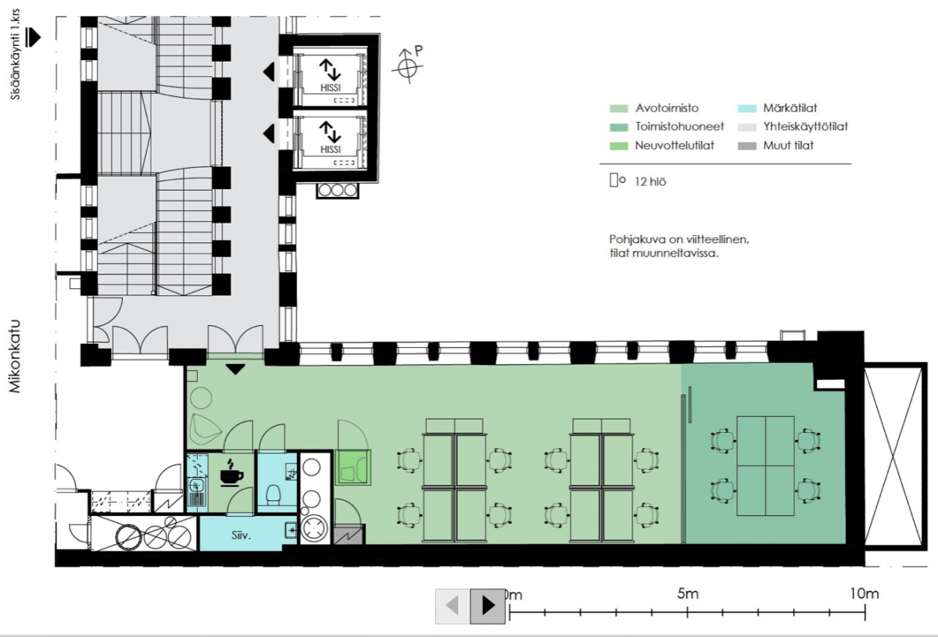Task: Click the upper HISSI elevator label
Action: (x=331, y=88)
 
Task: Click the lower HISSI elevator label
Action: (x=331, y=149)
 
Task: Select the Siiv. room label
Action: (x=242, y=535)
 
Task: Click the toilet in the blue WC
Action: (x=274, y=494)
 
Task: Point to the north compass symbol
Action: (x=408, y=66)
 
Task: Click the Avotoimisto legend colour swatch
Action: (x=619, y=109)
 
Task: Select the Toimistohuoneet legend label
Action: (x=679, y=127)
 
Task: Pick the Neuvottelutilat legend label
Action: (x=675, y=145)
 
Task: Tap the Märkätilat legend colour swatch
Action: (x=747, y=109)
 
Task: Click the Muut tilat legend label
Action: (x=789, y=145)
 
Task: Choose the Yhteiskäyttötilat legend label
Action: (x=806, y=127)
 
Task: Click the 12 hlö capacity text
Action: (x=650, y=182)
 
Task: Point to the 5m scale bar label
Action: (x=688, y=594)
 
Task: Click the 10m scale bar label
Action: (x=865, y=594)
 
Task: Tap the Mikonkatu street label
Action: (x=15, y=357)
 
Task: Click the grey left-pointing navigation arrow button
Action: (x=453, y=606)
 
